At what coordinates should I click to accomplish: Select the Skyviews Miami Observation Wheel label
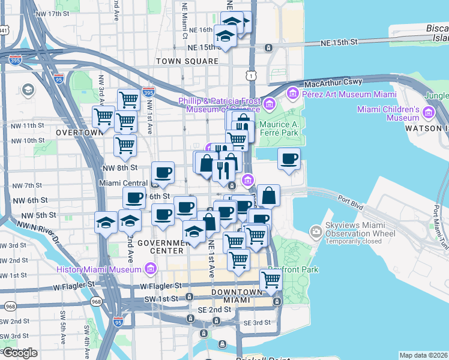[x=360, y=232]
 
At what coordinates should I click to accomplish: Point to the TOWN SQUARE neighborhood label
[x=187, y=61]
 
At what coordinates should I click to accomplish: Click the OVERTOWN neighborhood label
[x=78, y=132]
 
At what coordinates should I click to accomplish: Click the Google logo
[x=19, y=353]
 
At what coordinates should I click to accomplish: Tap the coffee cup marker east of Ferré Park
[x=289, y=160]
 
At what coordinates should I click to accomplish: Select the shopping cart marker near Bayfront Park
[x=271, y=280]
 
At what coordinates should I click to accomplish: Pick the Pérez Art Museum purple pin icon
[x=293, y=93]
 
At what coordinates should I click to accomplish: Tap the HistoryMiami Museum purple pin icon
[x=150, y=268]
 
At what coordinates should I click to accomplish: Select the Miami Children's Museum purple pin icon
[x=429, y=112]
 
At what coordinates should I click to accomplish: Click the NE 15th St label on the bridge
[x=339, y=43]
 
